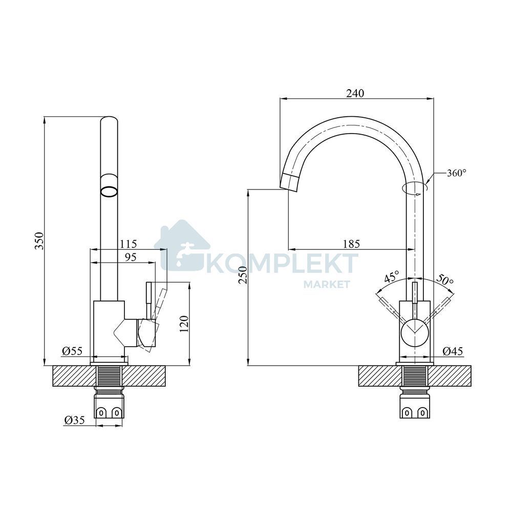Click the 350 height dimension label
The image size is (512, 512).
click(x=39, y=241)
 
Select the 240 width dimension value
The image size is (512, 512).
click(x=355, y=93)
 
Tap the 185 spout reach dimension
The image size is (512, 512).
click(x=351, y=244)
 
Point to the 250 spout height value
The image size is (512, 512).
click(x=243, y=275)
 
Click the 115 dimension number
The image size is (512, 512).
click(x=129, y=244)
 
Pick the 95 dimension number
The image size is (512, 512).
click(x=130, y=258)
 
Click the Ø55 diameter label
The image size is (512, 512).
click(x=72, y=351)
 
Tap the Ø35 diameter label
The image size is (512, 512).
click(x=74, y=420)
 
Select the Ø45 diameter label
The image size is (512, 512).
click(x=453, y=351)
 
